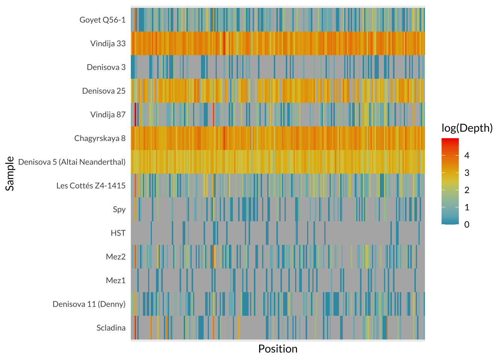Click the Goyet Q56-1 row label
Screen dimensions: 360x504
[102, 20]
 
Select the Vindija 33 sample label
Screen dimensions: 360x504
[108, 43]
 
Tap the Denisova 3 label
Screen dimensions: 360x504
[106, 67]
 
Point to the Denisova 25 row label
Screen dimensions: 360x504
[104, 91]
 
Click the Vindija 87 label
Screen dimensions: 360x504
[108, 114]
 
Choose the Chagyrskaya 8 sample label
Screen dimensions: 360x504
[100, 138]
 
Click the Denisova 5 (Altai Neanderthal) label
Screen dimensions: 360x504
[72, 162]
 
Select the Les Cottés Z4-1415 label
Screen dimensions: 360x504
[91, 186]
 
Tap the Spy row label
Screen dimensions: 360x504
[119, 209]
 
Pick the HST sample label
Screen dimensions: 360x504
[118, 233]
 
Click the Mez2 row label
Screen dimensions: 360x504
[115, 257]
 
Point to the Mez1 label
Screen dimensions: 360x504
[115, 280]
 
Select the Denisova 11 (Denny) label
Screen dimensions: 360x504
[89, 304]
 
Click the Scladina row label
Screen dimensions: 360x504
[111, 328]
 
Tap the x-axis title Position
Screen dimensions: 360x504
[278, 349]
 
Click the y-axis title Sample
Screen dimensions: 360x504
[10, 174]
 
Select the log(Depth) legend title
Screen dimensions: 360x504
[467, 128]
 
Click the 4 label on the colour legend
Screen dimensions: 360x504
[467, 156]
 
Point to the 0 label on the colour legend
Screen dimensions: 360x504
[467, 225]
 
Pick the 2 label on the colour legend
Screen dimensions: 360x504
[467, 190]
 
